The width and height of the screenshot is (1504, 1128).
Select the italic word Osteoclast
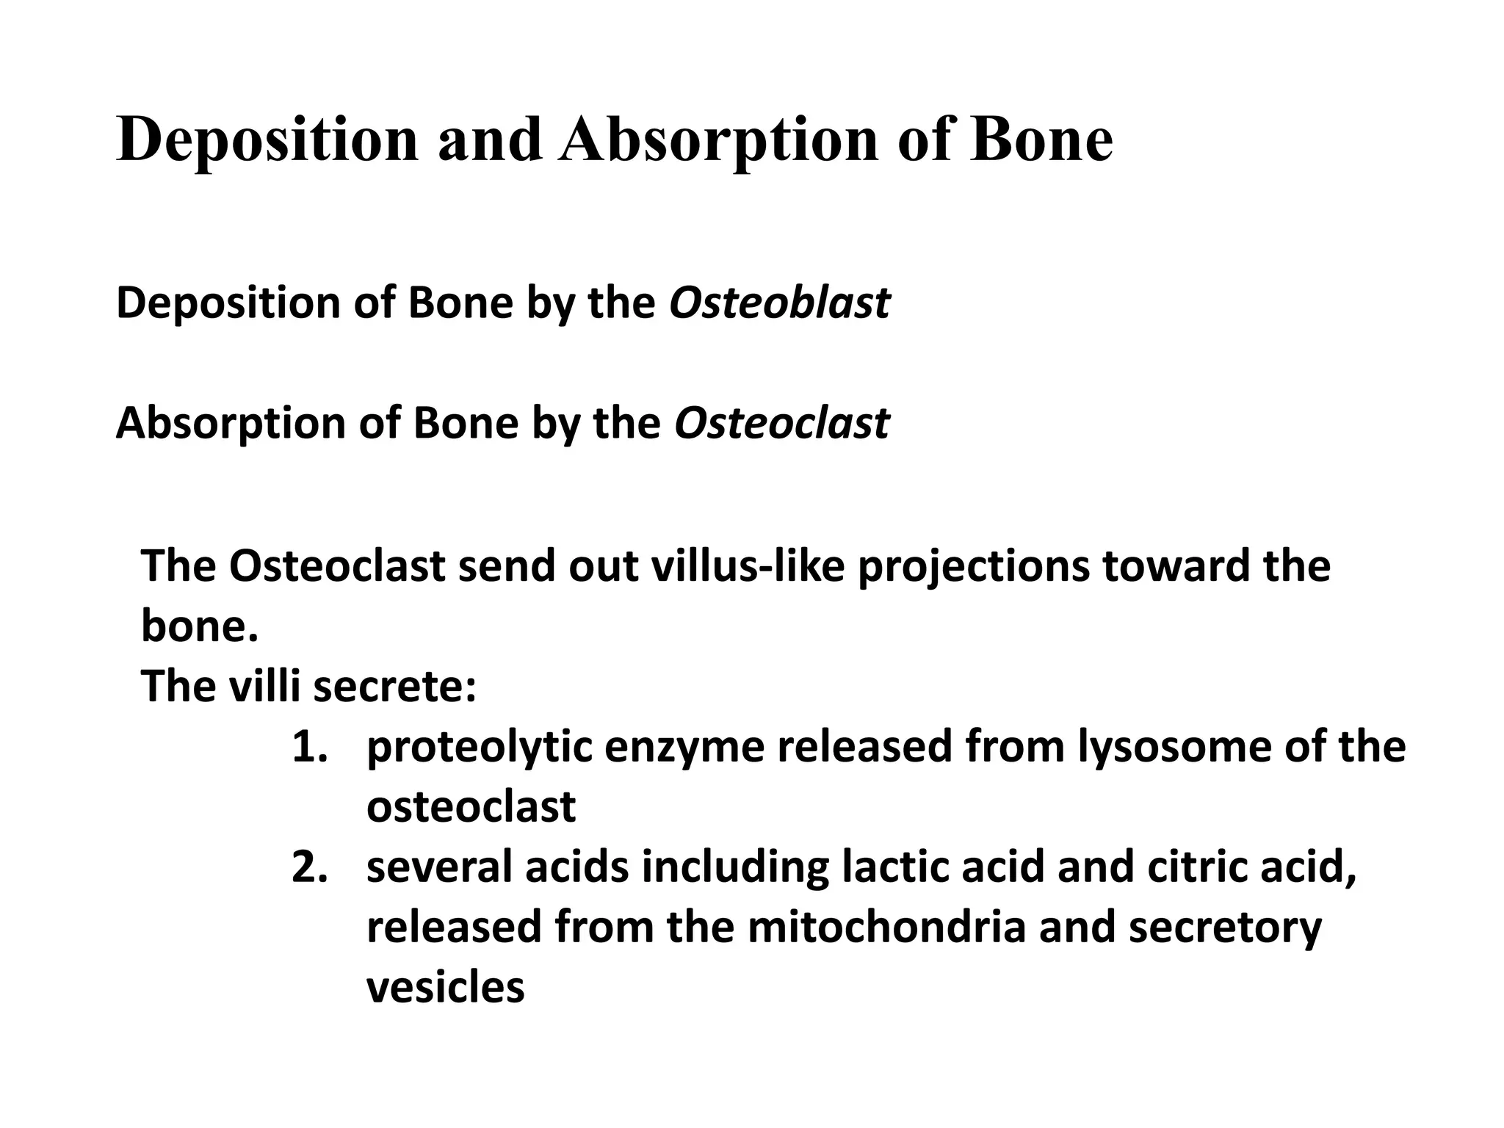781,424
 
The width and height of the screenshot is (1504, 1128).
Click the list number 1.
308,747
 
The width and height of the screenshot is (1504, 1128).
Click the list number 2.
308,867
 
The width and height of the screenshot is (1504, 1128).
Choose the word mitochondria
886,928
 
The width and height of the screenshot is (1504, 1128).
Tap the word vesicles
445,988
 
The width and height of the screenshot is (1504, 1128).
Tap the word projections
974,566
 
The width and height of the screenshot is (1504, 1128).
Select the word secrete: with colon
394,687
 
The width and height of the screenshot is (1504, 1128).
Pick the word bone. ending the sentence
200,626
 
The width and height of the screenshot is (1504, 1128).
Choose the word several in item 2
438,867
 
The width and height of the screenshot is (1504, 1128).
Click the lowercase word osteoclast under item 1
471,807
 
